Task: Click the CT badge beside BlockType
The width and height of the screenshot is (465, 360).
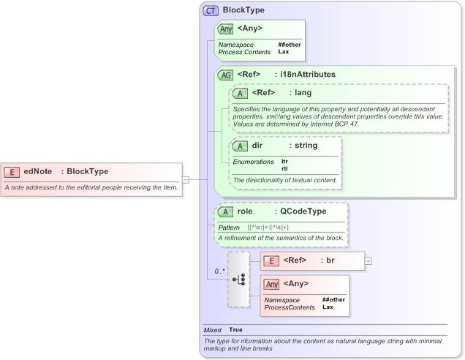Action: (211, 11)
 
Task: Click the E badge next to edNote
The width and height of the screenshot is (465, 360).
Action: (12, 172)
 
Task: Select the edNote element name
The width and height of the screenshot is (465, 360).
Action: (38, 172)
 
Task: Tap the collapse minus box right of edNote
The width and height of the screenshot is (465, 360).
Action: (186, 179)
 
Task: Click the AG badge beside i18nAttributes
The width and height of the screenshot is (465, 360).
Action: (225, 75)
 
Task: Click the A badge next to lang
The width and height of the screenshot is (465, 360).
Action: (240, 94)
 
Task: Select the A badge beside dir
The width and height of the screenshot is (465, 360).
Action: (240, 146)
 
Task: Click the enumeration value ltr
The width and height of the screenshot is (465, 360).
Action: (284, 161)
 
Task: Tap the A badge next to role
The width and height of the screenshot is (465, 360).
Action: (226, 212)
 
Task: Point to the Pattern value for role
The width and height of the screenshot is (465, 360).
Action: (268, 228)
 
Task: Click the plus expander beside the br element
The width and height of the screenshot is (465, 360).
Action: (368, 260)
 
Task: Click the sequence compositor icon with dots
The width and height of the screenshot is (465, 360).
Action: (238, 280)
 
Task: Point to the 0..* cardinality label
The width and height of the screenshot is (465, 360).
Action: (219, 271)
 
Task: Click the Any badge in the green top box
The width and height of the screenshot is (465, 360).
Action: (226, 29)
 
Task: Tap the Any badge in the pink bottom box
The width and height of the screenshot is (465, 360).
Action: (271, 284)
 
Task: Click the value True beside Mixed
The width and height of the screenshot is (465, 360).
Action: (235, 330)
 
